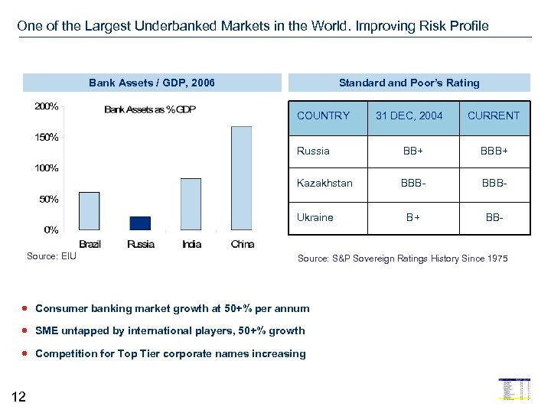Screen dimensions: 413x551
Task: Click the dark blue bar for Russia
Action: [140, 223]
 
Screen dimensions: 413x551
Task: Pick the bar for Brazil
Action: [90, 210]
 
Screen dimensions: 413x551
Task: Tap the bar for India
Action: [191, 204]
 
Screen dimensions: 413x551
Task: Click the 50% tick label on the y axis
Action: [47, 199]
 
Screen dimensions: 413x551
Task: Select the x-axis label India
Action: [192, 244]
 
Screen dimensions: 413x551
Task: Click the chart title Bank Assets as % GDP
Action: [150, 109]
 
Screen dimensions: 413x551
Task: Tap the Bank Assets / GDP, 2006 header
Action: [152, 83]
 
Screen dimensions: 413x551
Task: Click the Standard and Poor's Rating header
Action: [409, 83]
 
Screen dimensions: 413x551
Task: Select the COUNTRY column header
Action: [323, 115]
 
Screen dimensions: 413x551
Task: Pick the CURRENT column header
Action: [494, 115]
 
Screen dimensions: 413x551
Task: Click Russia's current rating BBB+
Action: [494, 151]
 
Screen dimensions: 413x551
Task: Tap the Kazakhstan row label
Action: [324, 184]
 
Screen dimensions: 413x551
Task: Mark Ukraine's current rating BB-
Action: [494, 217]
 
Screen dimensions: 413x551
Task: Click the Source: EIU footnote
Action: [51, 256]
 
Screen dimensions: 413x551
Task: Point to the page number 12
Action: [19, 396]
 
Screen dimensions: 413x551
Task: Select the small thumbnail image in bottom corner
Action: [514, 389]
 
